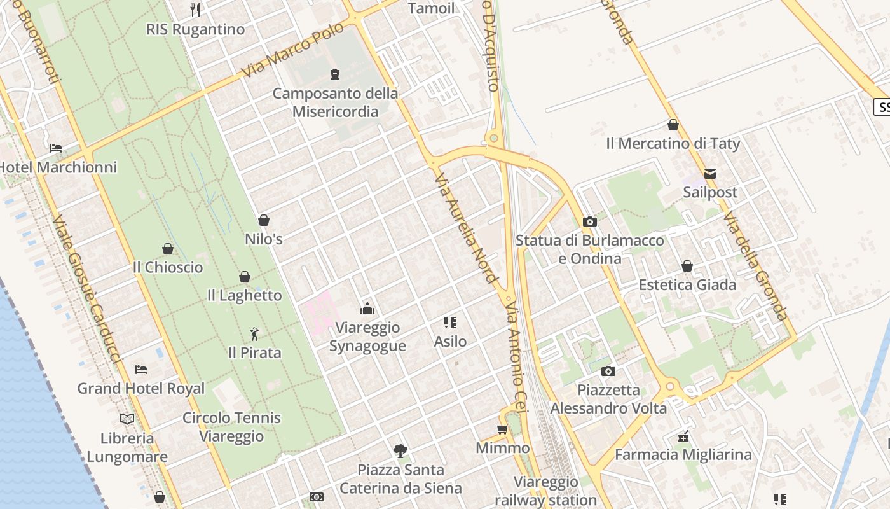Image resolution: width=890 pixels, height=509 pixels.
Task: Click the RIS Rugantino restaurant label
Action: [x=195, y=29]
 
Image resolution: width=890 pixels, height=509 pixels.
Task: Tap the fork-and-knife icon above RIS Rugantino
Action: [x=195, y=10]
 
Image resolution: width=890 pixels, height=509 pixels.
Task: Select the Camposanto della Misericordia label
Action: [x=335, y=102]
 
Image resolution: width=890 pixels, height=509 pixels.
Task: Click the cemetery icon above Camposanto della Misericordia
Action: [x=335, y=74]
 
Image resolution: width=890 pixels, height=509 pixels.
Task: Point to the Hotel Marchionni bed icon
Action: [x=56, y=148]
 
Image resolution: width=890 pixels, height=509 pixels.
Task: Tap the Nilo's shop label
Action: [x=264, y=239]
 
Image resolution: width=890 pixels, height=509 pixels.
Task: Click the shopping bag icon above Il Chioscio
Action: [x=168, y=249]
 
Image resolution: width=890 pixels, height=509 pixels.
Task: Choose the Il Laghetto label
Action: [x=244, y=295]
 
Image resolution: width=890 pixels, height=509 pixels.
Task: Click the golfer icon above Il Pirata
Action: [x=254, y=333]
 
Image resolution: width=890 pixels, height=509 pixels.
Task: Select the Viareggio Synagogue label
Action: [x=367, y=337]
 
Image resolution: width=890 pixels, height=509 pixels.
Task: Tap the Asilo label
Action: [x=450, y=342]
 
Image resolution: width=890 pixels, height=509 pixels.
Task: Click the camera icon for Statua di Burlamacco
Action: [x=590, y=221]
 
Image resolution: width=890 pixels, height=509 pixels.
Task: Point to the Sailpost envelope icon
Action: [x=710, y=173]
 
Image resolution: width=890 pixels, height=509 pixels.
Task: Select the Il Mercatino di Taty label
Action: [x=673, y=144]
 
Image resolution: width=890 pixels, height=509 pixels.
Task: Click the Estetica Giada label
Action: [x=687, y=284]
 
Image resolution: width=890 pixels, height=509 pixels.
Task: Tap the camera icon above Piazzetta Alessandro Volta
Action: [x=608, y=371]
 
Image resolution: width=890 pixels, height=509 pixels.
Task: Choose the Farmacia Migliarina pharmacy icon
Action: [x=683, y=436]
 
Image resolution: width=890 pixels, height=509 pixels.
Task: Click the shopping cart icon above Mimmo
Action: [x=502, y=429]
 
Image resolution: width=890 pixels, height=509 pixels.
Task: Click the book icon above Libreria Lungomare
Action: [x=127, y=419]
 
